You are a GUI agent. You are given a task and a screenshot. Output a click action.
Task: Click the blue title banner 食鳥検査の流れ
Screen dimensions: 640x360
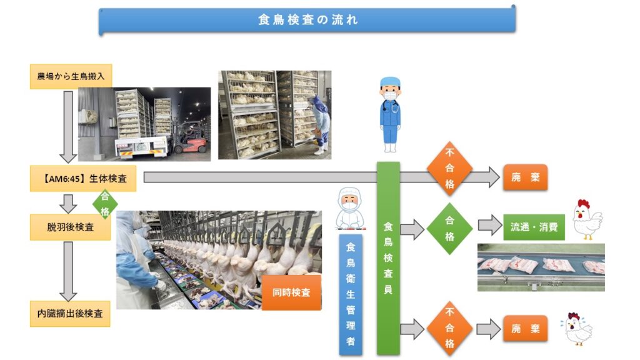point(307,19)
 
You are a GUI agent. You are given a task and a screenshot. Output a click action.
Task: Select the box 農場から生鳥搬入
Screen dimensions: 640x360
point(71,76)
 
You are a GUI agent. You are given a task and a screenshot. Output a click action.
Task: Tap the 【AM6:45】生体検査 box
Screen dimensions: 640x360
point(83,178)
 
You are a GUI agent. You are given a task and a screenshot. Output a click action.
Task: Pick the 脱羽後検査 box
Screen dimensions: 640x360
point(70,227)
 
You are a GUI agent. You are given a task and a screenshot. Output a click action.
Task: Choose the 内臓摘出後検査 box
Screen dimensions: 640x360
point(70,314)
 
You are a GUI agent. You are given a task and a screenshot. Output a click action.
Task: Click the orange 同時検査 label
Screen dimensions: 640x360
point(291,292)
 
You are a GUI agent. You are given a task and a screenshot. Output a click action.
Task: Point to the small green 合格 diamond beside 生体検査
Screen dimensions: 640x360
point(105,204)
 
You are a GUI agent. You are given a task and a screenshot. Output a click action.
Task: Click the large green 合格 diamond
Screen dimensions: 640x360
point(449,229)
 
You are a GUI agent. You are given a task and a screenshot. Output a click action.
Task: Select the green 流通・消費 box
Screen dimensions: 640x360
point(534,227)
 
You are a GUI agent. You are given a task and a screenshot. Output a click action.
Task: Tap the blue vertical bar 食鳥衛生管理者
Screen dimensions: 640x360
point(351,294)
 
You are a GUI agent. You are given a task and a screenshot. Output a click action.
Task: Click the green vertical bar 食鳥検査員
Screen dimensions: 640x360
point(388,258)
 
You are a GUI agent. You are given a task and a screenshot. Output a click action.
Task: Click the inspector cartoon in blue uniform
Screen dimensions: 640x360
point(390,115)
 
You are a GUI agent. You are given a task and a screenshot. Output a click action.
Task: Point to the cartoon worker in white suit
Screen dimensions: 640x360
point(350,209)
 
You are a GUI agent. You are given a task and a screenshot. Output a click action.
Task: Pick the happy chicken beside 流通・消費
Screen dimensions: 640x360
point(587,219)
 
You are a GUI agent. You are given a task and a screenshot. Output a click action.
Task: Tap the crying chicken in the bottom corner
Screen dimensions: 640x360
point(577,329)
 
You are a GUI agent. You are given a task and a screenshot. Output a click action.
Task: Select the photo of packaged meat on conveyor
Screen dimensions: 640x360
point(541,267)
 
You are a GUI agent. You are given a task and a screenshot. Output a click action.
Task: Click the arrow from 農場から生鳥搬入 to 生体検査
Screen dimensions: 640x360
point(68,127)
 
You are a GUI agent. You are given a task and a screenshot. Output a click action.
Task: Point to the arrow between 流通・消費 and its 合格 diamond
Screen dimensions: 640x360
point(490,225)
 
